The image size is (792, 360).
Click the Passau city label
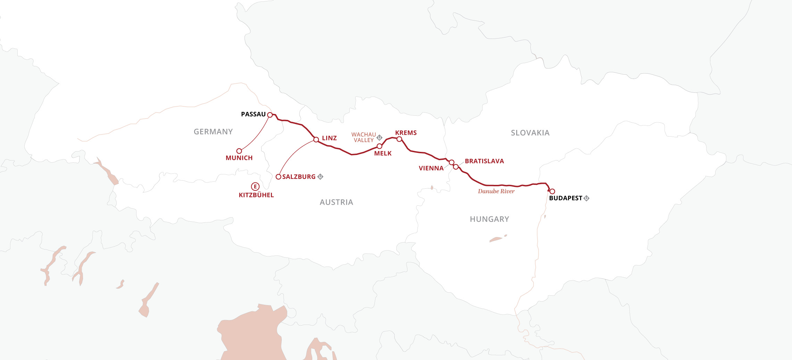point(253,114)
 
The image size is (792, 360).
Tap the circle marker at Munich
point(239,151)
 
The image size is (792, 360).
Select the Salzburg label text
point(299,177)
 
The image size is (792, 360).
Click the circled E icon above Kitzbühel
point(255,187)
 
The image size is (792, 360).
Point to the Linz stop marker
point(316,140)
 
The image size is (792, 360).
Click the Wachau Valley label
point(364,137)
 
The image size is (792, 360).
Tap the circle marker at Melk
point(379,146)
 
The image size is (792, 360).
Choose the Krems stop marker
point(399,139)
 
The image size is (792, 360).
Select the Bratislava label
point(484,161)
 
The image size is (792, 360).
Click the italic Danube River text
point(496,191)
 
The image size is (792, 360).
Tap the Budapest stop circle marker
point(552,191)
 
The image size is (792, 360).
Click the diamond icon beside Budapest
point(587,198)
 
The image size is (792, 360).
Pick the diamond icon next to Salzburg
point(320,177)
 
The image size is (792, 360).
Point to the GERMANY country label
point(213,132)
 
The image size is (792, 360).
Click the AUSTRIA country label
point(336,202)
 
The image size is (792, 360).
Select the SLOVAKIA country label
point(530,133)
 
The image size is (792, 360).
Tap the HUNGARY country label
point(489,219)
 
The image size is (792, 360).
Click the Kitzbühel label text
point(256,195)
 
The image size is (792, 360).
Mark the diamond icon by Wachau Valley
point(379,138)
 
